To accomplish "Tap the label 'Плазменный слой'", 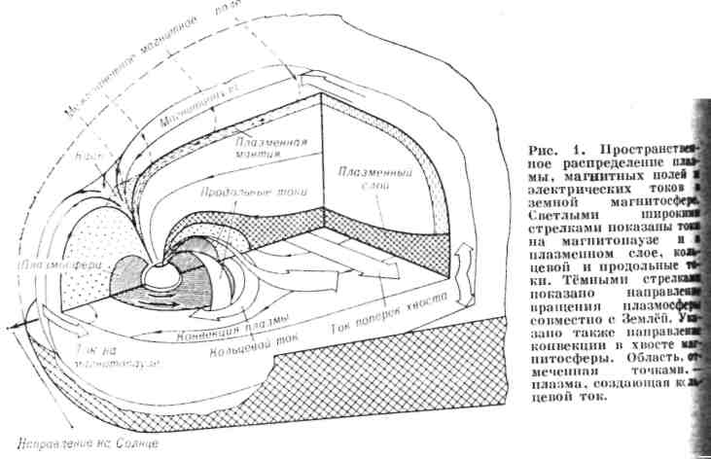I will [363, 179].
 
